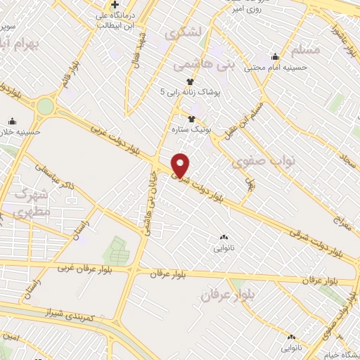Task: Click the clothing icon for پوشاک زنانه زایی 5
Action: pos(188,81)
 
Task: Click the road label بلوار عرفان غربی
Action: pos(75,267)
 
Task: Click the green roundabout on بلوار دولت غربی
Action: pos(45,106)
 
